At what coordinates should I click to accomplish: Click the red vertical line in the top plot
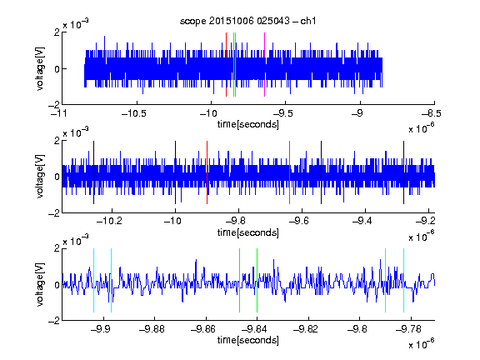coord(226,65)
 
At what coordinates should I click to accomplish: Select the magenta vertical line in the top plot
coord(264,65)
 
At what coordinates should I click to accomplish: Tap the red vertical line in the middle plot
coord(207,172)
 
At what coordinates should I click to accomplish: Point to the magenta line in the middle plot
coord(290,172)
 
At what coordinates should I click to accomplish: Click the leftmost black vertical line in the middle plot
coord(93,172)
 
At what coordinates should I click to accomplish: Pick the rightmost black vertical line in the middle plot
coord(403,172)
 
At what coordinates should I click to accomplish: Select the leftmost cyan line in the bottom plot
coord(93,280)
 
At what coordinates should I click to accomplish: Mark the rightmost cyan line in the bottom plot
coord(404,280)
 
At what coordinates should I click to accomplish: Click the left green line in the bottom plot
coord(239,280)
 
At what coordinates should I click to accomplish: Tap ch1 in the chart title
coord(308,21)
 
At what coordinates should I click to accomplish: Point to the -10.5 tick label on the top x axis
coord(134,114)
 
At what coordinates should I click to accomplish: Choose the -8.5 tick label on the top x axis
coord(432,114)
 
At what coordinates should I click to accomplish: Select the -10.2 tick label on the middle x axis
coord(109,221)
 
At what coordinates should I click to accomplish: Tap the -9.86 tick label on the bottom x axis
coord(203,329)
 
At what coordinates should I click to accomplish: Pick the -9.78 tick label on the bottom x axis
coord(408,329)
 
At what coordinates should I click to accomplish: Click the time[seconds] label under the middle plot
coord(248,232)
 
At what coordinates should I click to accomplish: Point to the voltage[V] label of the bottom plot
coord(40,284)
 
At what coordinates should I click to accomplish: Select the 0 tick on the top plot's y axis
coord(57,69)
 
